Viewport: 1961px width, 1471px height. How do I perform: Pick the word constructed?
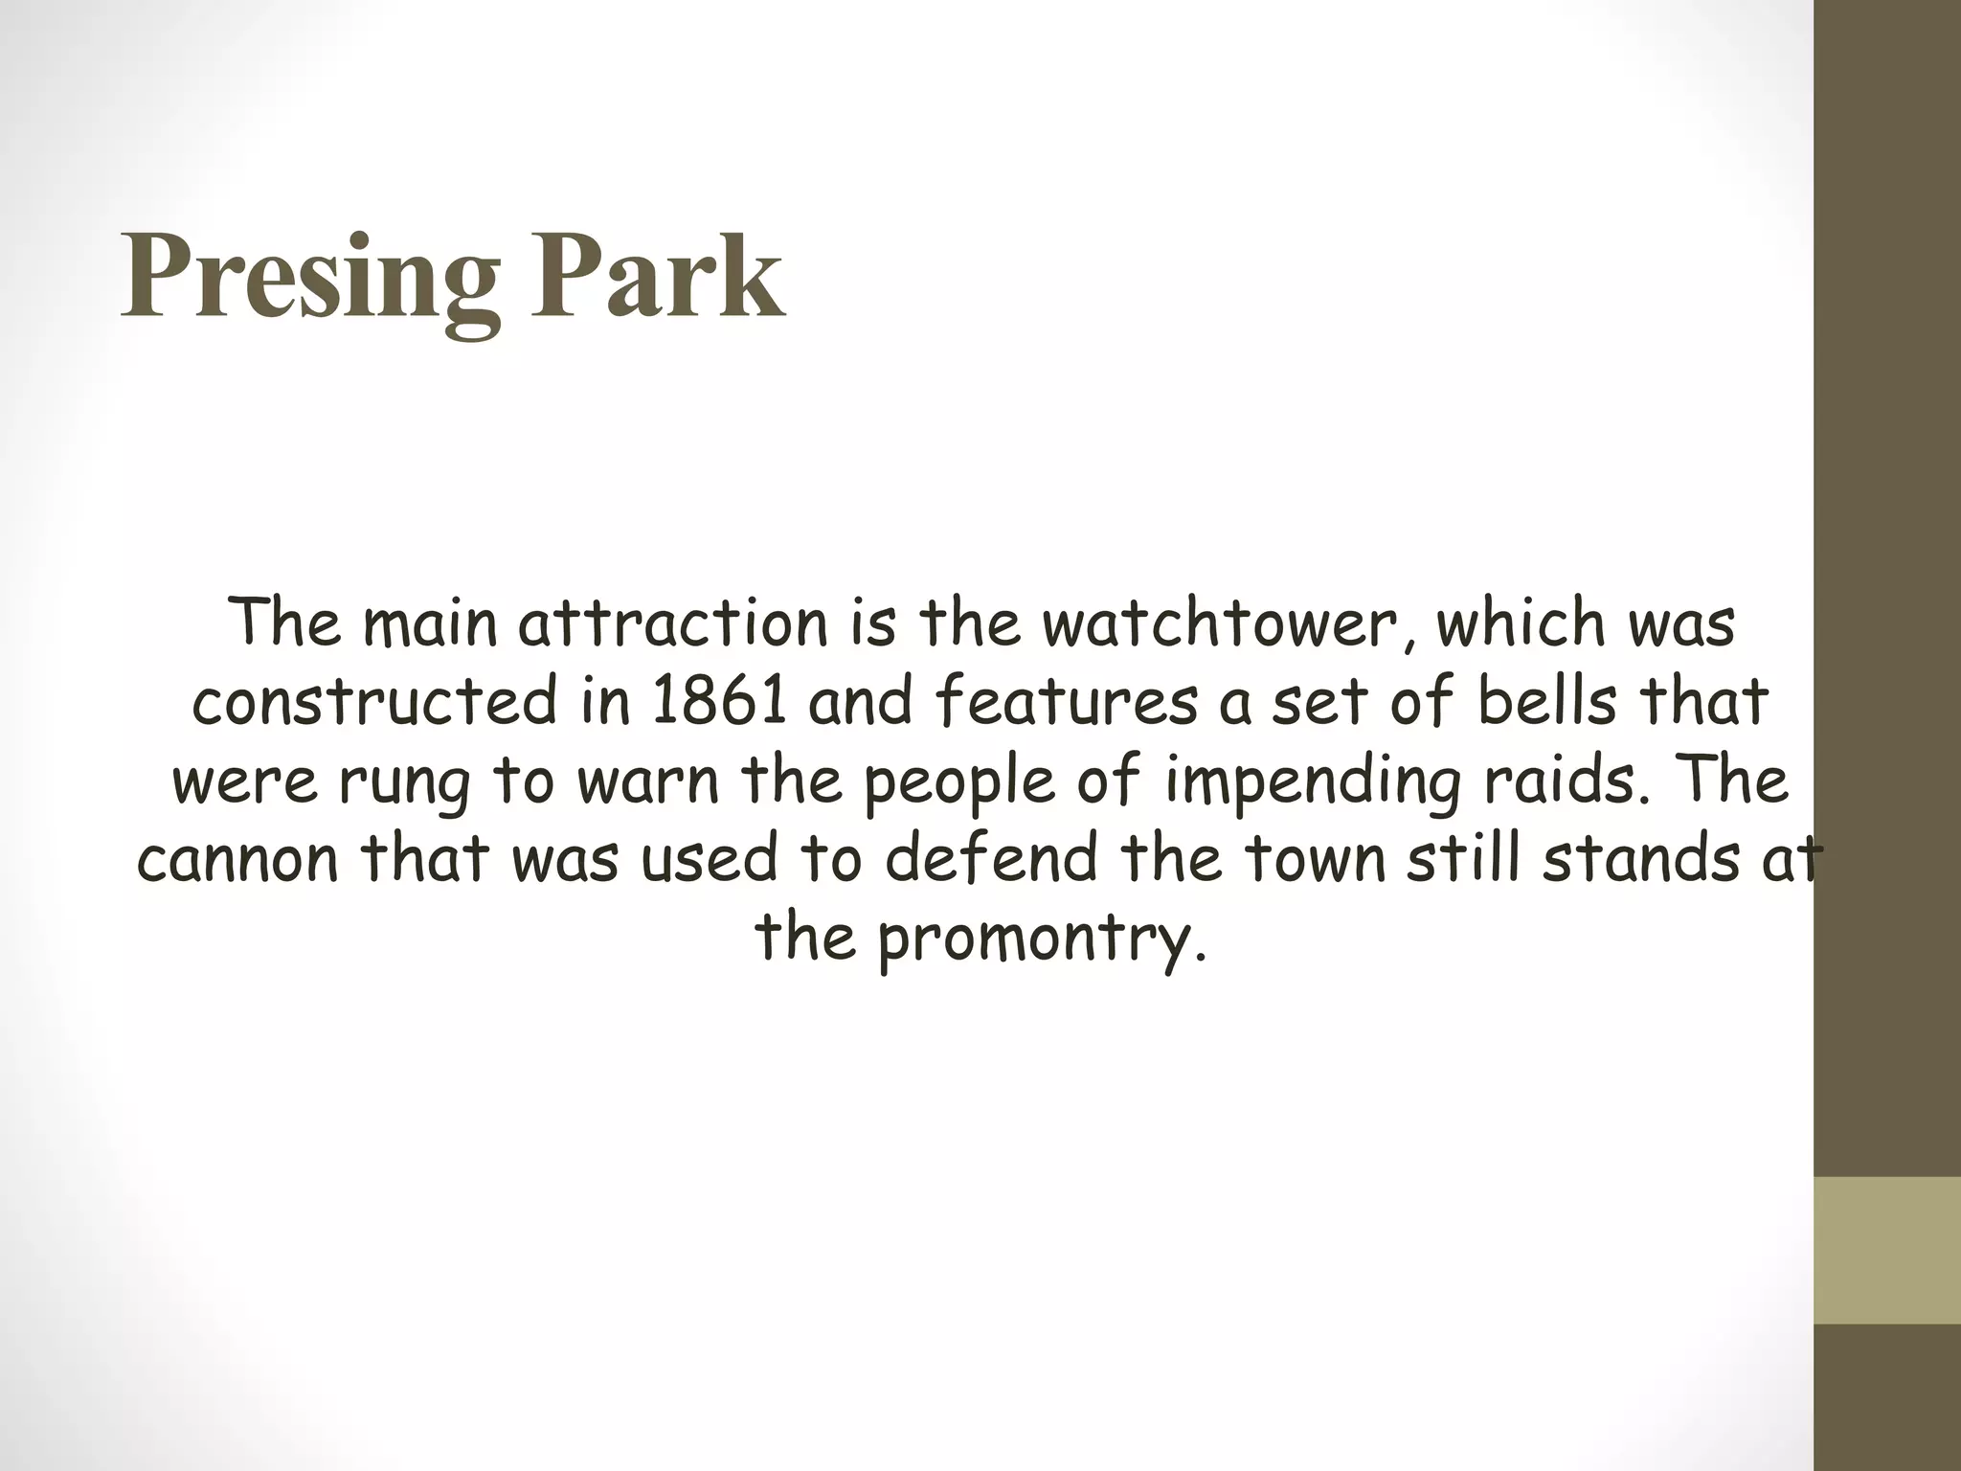(374, 702)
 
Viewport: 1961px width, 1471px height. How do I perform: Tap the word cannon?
(238, 860)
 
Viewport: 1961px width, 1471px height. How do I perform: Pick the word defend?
(991, 860)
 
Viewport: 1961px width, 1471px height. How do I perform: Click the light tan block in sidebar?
(1887, 1250)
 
